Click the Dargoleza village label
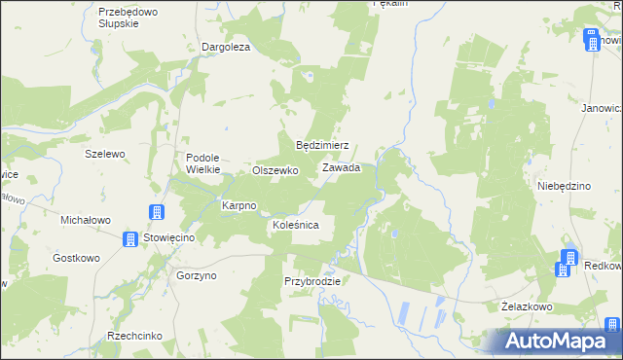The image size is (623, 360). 226,47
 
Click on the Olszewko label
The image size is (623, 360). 275,169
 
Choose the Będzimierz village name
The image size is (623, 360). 322,145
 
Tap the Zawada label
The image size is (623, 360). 342,167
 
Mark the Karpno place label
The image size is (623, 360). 238,205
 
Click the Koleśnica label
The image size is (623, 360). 296,225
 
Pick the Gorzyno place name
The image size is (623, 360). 197,275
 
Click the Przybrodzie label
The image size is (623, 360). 312,281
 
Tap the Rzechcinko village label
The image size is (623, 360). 135,336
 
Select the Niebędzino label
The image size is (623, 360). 565,185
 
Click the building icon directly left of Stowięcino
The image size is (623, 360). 130,239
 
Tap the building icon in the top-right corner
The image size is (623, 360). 591,40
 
